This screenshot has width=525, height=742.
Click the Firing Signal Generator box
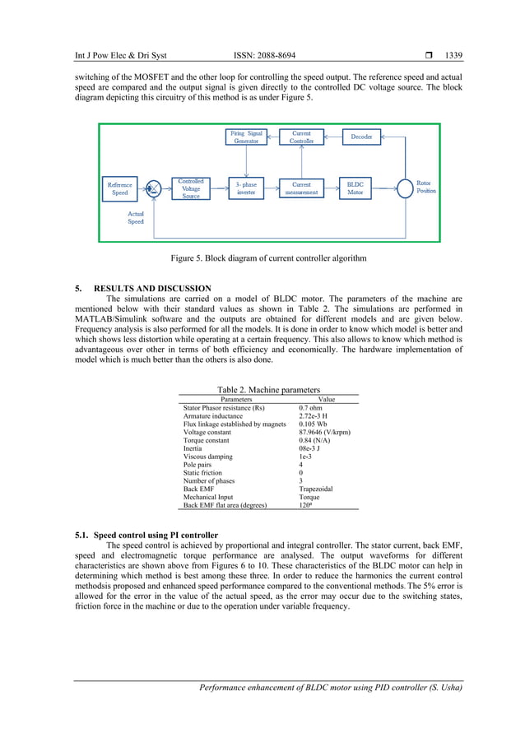[x=246, y=137]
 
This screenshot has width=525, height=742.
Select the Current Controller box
[x=301, y=137]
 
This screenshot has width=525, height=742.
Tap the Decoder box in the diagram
[x=361, y=137]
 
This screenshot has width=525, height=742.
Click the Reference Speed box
[x=120, y=189]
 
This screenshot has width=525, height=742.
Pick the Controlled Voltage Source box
[x=191, y=188]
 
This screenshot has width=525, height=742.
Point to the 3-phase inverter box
[x=246, y=188]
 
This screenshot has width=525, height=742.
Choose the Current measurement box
[x=301, y=188]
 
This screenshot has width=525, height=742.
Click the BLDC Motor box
[x=355, y=188]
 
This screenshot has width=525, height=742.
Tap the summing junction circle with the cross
[x=153, y=189]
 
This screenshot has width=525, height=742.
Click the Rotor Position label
[x=425, y=187]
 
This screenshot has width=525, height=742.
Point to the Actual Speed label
[x=136, y=218]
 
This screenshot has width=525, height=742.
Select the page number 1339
[x=453, y=56]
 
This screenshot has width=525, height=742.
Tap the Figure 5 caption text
[x=268, y=258]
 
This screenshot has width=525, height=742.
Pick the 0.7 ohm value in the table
[x=310, y=408]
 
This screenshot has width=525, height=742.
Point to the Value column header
[x=327, y=399]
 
